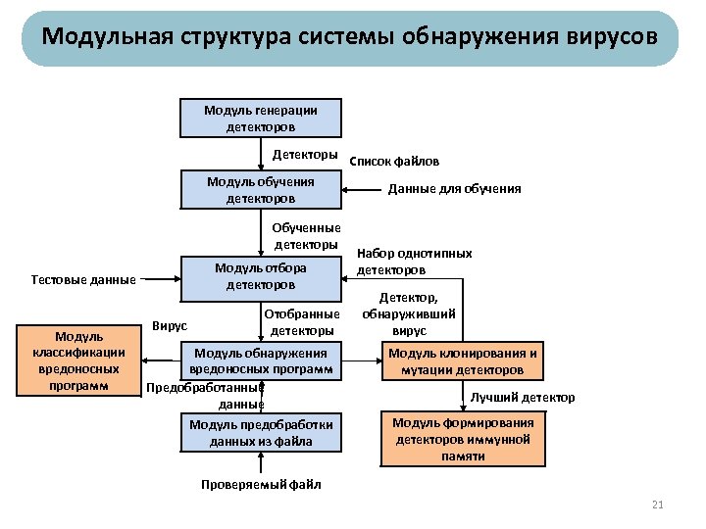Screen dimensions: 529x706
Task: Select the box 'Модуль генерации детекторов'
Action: coord(261,119)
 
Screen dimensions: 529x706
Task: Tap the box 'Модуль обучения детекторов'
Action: coord(261,190)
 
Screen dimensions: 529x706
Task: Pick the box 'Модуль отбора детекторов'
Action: coord(261,276)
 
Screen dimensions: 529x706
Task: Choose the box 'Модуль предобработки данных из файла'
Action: coord(261,433)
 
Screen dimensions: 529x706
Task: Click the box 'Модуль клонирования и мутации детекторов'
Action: coord(463,361)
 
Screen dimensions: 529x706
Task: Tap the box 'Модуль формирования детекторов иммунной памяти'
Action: coord(463,440)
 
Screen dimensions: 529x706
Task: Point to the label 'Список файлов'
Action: coord(394,161)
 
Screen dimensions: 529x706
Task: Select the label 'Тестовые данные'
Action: coord(83,280)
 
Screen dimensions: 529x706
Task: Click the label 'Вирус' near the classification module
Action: coord(170,325)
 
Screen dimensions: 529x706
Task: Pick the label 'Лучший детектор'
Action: coord(523,398)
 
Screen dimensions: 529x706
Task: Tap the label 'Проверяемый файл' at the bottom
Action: coord(261,485)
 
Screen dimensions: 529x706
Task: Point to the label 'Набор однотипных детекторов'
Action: coord(414,262)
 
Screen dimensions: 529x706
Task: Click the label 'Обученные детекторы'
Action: coord(305,236)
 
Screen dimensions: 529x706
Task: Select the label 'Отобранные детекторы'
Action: coord(302,322)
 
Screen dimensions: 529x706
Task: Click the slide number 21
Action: coord(658,505)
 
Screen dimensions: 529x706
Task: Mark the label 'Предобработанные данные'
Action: coord(206,395)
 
